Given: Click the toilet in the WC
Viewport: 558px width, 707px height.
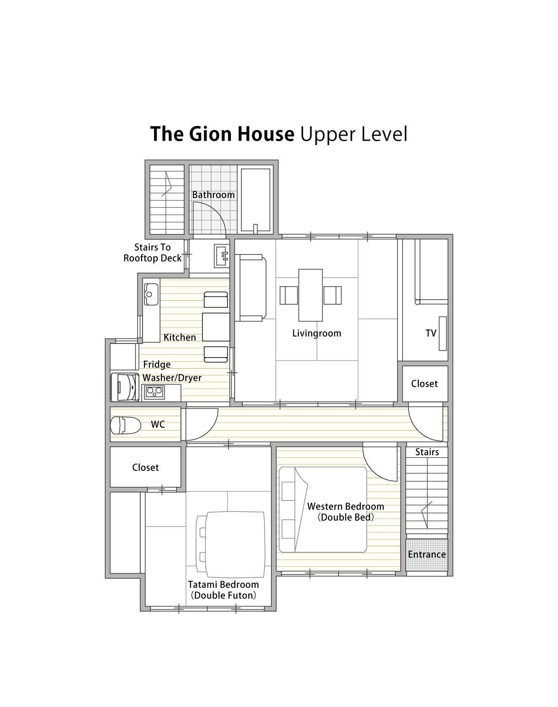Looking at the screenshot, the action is (125, 426).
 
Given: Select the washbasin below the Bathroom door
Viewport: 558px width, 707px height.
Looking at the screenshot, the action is (221, 255).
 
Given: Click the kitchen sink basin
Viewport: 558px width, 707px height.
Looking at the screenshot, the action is (151, 295).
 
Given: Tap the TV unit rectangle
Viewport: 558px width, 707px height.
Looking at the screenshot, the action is (442, 333).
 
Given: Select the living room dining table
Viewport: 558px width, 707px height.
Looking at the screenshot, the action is (310, 295).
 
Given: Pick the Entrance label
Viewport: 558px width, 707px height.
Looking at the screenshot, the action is (427, 554).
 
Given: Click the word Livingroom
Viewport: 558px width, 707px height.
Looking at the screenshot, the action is (317, 333).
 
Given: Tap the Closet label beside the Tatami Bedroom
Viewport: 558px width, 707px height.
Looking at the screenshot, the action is (145, 468).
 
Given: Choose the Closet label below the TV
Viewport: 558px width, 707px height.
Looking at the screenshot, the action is (425, 384).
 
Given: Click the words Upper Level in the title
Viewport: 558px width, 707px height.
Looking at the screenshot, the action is (353, 135).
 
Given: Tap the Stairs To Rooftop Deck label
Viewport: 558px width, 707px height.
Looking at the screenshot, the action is (152, 253).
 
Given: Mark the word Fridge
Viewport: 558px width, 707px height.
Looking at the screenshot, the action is (157, 364).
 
